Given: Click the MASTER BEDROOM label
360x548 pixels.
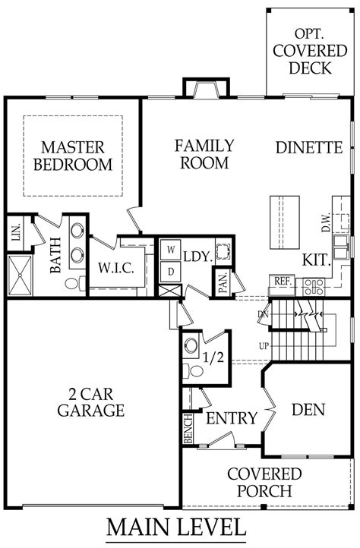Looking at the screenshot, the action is (73, 156).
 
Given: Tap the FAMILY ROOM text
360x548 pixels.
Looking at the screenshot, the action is (204, 154).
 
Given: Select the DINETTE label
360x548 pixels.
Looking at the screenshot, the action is (309, 147).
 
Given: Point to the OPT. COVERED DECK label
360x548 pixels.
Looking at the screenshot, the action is (309, 51).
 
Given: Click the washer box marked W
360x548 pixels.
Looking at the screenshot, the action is (171, 250).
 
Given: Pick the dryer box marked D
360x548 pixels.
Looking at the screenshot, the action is (171, 272).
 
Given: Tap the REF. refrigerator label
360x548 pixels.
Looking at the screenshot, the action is (283, 281).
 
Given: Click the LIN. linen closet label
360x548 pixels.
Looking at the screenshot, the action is (15, 232).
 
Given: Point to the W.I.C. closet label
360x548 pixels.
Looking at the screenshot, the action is (115, 268).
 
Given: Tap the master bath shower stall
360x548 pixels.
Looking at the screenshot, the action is (20, 276).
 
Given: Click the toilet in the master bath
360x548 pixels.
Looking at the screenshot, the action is (75, 283).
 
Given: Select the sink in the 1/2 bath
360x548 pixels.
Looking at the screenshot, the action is (191, 345).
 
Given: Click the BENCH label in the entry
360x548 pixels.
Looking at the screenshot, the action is (188, 429).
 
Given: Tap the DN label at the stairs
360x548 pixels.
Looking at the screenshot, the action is (263, 314).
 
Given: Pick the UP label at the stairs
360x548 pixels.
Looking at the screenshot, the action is (264, 346).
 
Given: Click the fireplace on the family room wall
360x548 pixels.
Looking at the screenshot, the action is (206, 87).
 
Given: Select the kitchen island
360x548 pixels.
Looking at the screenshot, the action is (285, 222).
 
